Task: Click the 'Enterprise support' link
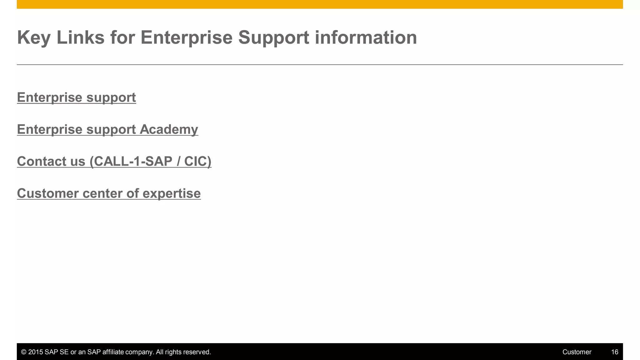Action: pyautogui.click(x=76, y=97)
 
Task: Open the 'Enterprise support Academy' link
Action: pyautogui.click(x=107, y=130)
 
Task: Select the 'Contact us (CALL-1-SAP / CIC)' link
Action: pyautogui.click(x=114, y=162)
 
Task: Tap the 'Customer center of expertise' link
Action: pyautogui.click(x=109, y=193)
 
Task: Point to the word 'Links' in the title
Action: pyautogui.click(x=80, y=37)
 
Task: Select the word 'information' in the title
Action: pyautogui.click(x=366, y=37)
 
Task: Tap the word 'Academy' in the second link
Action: pyautogui.click(x=169, y=130)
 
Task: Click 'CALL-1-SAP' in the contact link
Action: pyautogui.click(x=133, y=162)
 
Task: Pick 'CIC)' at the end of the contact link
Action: pyautogui.click(x=197, y=162)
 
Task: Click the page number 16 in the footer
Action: pyautogui.click(x=614, y=352)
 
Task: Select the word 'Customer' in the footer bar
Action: pyautogui.click(x=577, y=352)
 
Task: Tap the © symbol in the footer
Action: pyautogui.click(x=23, y=352)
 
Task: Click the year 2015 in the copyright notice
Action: pyautogui.click(x=35, y=352)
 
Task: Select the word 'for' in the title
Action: pyautogui.click(x=122, y=37)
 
